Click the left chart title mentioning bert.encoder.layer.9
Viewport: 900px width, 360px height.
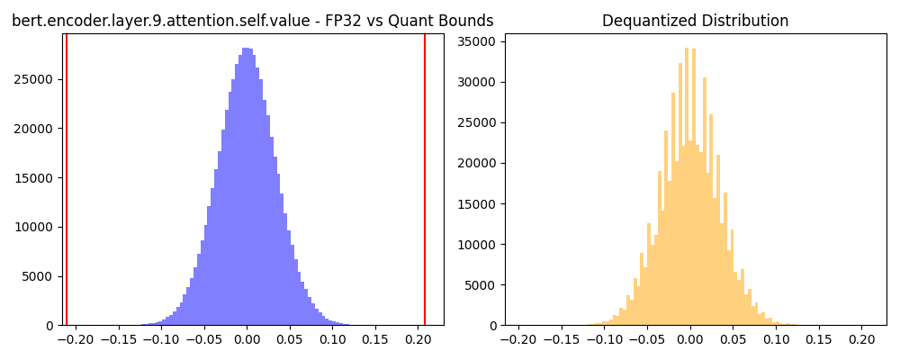pyautogui.click(x=252, y=21)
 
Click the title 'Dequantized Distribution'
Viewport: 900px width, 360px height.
pyautogui.click(x=695, y=21)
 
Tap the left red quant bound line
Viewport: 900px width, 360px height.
pyautogui.click(x=67, y=180)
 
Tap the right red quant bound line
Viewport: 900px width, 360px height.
pyautogui.click(x=425, y=180)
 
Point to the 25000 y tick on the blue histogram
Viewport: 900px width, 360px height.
pyautogui.click(x=40, y=79)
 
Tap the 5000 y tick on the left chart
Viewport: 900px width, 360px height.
pyautogui.click(x=43, y=276)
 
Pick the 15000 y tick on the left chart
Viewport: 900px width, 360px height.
pyautogui.click(x=40, y=177)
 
